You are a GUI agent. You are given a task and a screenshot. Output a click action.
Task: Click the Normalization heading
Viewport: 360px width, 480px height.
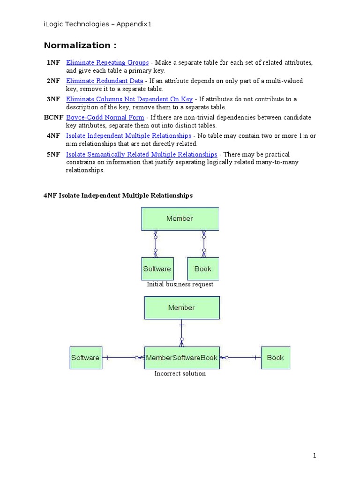click(x=80, y=45)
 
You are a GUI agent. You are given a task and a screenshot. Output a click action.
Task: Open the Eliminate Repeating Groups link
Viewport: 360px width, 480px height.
click(x=107, y=62)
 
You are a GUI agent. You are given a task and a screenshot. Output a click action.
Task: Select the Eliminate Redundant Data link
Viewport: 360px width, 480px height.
click(x=104, y=81)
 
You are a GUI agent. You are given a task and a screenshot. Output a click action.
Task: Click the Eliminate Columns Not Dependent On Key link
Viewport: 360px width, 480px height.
click(x=129, y=99)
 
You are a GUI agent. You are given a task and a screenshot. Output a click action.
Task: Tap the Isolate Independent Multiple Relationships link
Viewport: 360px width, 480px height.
click(x=128, y=135)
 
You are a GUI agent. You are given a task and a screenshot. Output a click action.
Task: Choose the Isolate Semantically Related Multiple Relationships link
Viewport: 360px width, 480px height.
click(x=142, y=154)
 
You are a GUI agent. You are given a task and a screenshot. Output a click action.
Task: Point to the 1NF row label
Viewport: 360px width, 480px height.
click(x=53, y=62)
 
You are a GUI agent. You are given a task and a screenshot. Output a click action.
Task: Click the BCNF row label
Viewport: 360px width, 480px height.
click(x=53, y=117)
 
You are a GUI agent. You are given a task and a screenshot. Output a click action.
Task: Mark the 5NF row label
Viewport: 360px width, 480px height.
click(x=53, y=154)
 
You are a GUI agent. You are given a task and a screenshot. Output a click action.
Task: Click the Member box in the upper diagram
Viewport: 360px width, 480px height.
click(x=180, y=218)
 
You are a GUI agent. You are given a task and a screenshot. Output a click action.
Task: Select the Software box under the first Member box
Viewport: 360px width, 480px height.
click(x=157, y=269)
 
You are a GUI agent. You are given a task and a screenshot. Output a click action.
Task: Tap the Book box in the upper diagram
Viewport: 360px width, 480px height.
click(x=202, y=269)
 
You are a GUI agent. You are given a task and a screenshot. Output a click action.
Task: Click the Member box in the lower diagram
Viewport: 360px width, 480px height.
click(x=181, y=307)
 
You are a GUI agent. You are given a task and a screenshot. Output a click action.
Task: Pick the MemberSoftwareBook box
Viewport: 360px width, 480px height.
click(x=181, y=358)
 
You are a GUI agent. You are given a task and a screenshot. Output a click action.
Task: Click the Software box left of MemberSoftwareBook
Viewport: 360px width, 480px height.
click(x=85, y=358)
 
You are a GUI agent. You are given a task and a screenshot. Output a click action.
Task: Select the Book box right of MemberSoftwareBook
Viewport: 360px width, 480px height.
click(x=275, y=358)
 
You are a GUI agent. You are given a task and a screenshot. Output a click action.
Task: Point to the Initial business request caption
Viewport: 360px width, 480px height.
click(x=180, y=284)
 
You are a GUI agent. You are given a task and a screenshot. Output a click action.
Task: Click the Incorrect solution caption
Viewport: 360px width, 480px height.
click(x=180, y=374)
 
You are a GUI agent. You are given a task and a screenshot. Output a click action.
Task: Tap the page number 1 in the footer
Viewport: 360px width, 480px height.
click(x=315, y=456)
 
